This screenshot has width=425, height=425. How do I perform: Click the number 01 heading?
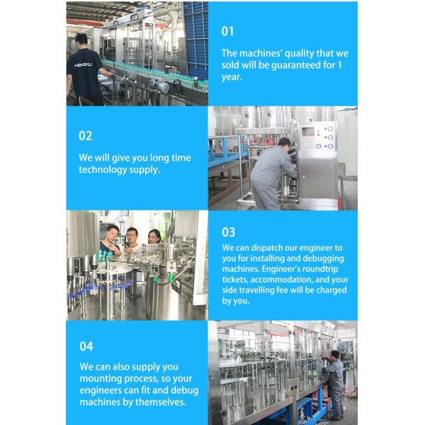tap(227, 31)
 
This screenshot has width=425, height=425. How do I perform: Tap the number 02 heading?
tap(85, 135)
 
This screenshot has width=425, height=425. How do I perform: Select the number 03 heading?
tap(228, 232)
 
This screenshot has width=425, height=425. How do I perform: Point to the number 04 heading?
tap(86, 346)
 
